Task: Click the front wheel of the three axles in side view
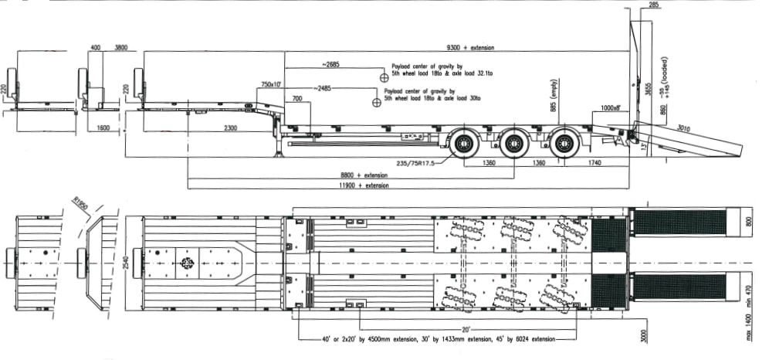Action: point(465,144)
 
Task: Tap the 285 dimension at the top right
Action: point(654,6)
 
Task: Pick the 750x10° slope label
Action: point(271,83)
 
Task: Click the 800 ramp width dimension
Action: point(748,222)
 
